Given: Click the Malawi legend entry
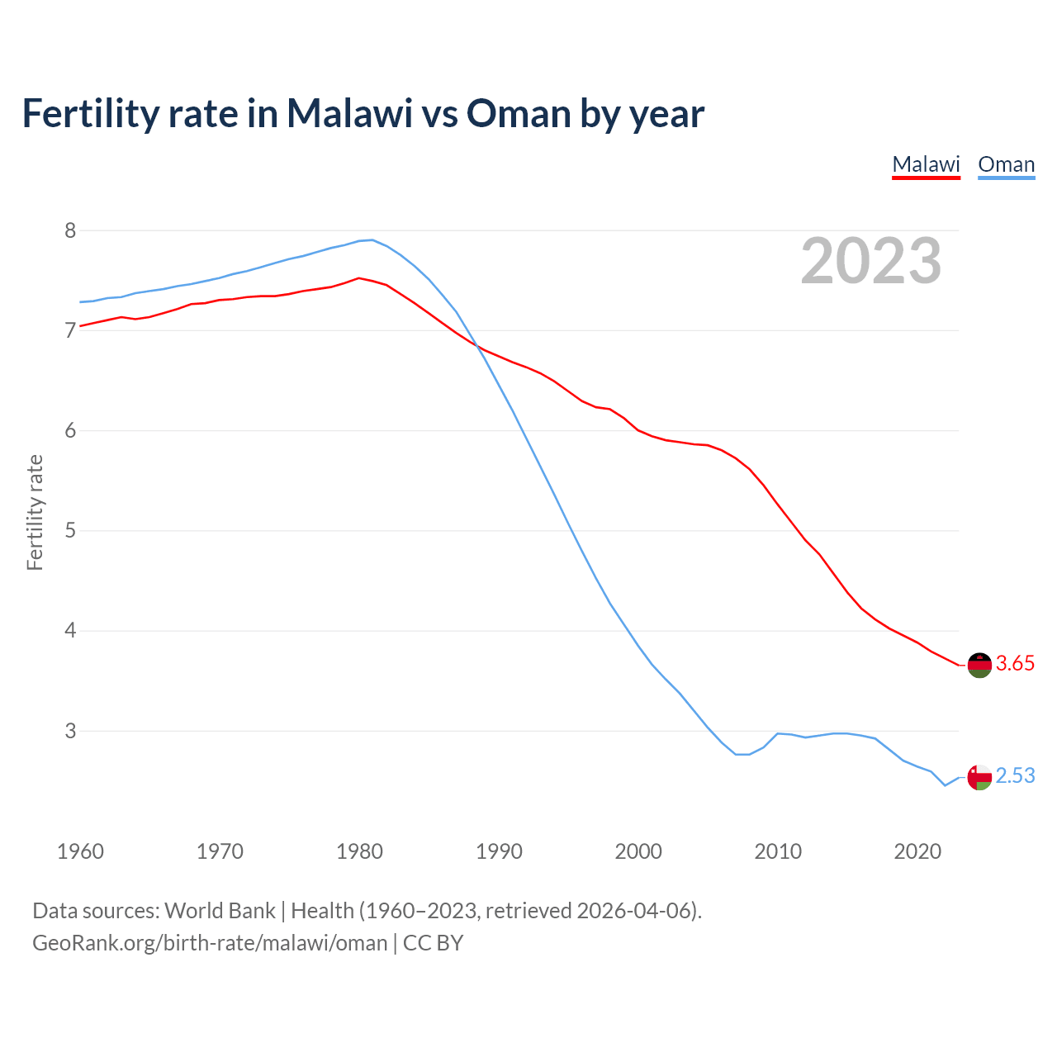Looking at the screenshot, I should point(926,164).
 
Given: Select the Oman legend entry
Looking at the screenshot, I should point(1006,164).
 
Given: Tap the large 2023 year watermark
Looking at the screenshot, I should point(870,261).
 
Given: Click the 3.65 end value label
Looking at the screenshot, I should point(1015,664).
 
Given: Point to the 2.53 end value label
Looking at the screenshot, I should point(1015,776).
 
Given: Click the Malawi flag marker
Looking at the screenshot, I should point(979,665).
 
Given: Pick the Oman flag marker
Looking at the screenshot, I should point(979,777).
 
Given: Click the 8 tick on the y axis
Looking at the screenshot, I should point(70,230).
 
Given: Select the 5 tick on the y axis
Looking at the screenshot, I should point(70,530).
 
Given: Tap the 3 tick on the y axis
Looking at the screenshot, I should point(70,731).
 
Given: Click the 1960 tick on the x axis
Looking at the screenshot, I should point(80,851).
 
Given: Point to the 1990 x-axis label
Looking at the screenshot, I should point(499,851).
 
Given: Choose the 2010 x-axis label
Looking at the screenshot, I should point(778,851).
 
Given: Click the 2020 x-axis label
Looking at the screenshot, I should point(917,851).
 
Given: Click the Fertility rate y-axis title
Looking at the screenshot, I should point(35,512).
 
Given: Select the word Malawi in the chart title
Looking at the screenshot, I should point(348,113).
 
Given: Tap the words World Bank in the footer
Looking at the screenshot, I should point(220,911).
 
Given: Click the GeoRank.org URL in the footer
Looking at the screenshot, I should point(210,943).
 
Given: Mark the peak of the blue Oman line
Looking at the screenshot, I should point(372,240).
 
